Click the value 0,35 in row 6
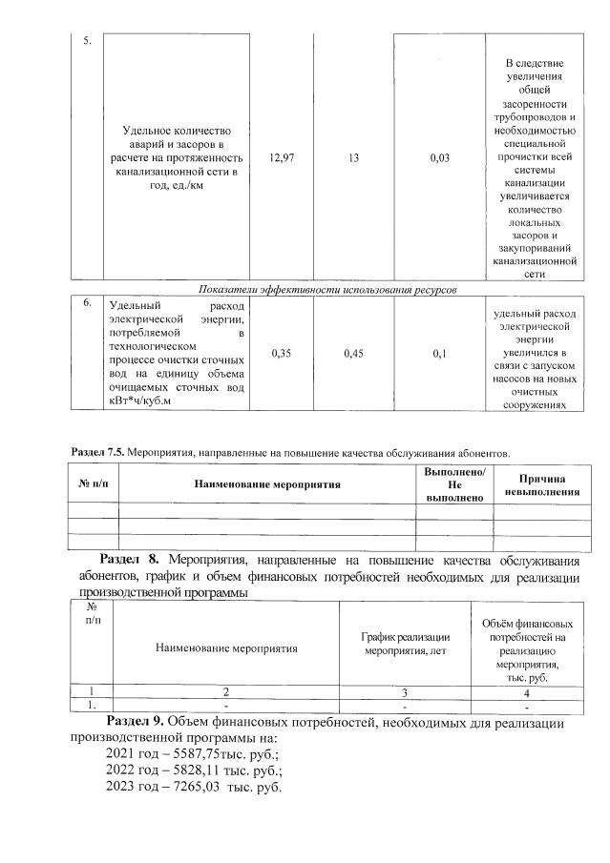click(x=282, y=354)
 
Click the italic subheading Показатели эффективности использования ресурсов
click(x=327, y=289)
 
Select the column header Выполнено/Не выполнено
click(x=454, y=484)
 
